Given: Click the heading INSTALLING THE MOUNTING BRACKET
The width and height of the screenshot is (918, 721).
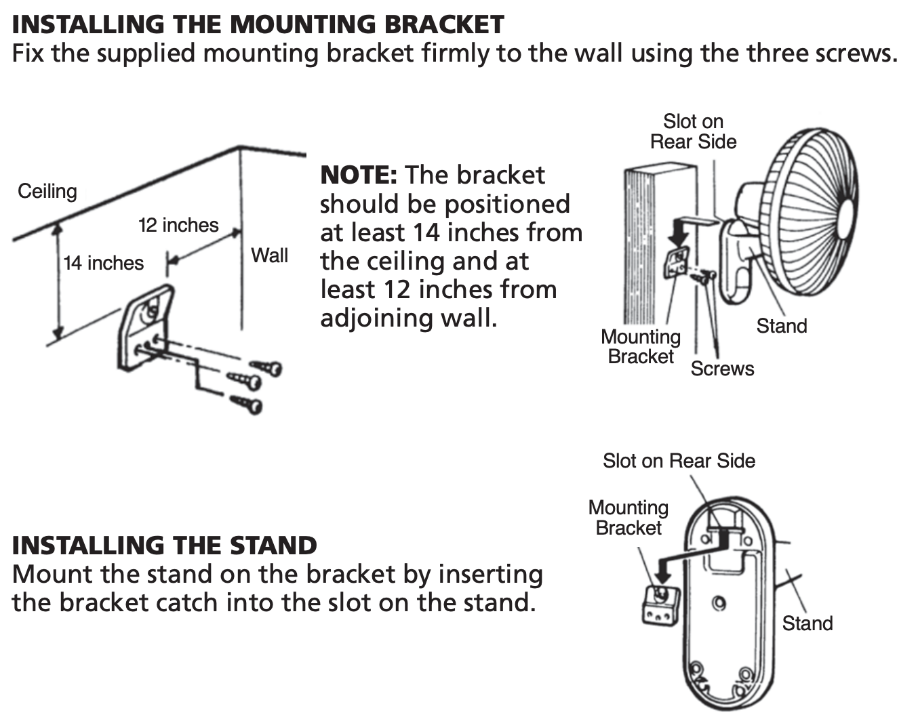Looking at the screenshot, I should pyautogui.click(x=258, y=24).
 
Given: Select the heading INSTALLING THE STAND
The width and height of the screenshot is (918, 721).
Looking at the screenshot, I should pyautogui.click(x=165, y=545).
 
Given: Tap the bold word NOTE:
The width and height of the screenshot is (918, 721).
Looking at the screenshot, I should pyautogui.click(x=358, y=175).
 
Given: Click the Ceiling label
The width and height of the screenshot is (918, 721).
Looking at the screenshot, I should pyautogui.click(x=47, y=191).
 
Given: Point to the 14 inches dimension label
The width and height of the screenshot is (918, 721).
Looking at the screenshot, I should pyautogui.click(x=104, y=263).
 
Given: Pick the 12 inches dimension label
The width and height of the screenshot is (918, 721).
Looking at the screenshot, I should pyautogui.click(x=178, y=225).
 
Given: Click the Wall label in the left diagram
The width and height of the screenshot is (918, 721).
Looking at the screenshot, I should pyautogui.click(x=269, y=255).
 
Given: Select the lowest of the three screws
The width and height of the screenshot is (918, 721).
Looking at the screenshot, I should pyautogui.click(x=247, y=405).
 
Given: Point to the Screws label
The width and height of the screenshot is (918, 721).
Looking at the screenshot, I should pyautogui.click(x=722, y=369).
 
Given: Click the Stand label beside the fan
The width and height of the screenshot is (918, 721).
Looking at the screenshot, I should pyautogui.click(x=782, y=326).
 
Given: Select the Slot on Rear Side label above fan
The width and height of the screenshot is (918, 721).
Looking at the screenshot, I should pyautogui.click(x=693, y=131).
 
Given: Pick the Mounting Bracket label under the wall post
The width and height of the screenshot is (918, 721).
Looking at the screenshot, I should pyautogui.click(x=641, y=346).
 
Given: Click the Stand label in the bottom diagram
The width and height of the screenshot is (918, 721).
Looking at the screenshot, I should pyautogui.click(x=807, y=623).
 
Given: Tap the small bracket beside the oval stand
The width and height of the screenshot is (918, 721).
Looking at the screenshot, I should pyautogui.click(x=660, y=605).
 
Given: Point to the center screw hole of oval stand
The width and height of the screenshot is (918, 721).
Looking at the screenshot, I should pyautogui.click(x=720, y=603).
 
